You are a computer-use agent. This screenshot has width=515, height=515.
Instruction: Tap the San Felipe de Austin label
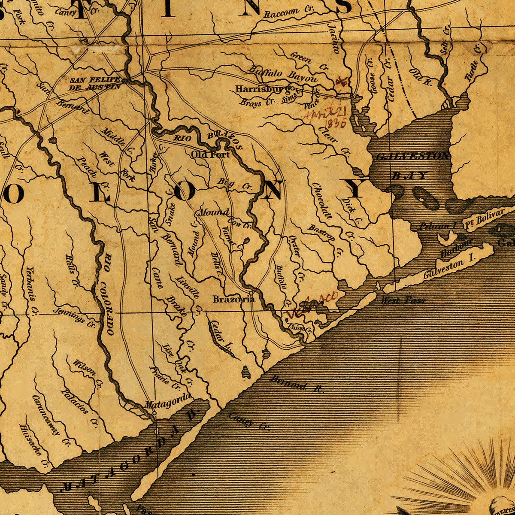click(x=95, y=83)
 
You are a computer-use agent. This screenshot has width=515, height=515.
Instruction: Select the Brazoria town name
click(x=233, y=299)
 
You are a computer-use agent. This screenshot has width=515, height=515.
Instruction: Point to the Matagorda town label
click(x=167, y=403)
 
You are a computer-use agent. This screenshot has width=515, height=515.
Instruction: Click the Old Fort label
click(x=211, y=154)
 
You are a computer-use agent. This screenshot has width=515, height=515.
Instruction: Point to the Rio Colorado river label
click(x=108, y=294)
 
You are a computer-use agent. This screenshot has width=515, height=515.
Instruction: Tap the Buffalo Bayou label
click(x=283, y=74)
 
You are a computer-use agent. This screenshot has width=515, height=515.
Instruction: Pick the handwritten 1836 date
click(x=336, y=124)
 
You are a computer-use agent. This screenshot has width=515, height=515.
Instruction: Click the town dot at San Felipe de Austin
click(x=124, y=80)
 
